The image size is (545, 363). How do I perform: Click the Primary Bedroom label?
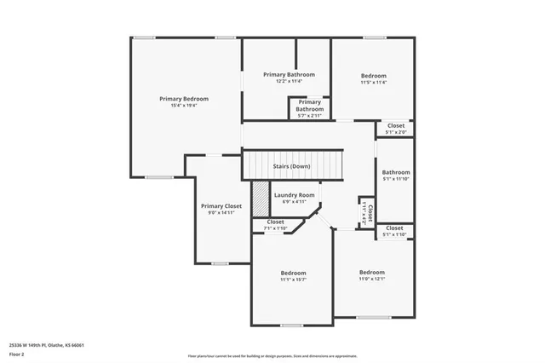coord(184,99)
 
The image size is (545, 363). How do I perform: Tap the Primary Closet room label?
coord(221,206)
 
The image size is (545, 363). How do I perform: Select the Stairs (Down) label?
coord(291,166)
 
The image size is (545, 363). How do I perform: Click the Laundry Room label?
coord(295,195)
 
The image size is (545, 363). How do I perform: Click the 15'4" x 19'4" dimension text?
coord(184,106)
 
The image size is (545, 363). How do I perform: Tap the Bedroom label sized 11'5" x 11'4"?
coord(373,76)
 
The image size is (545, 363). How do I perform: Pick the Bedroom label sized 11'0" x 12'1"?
coord(372,272)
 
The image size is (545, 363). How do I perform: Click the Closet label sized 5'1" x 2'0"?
coord(396,125)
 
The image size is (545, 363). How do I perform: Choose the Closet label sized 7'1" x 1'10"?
coord(276,222)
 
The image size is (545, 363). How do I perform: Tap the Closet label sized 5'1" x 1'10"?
coord(395,228)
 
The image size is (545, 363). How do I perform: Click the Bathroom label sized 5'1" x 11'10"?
coord(396,172)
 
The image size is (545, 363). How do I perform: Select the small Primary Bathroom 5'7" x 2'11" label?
coord(309,106)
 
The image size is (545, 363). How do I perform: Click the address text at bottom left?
coord(47,345)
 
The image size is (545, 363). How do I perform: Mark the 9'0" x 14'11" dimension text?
coord(221,213)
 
